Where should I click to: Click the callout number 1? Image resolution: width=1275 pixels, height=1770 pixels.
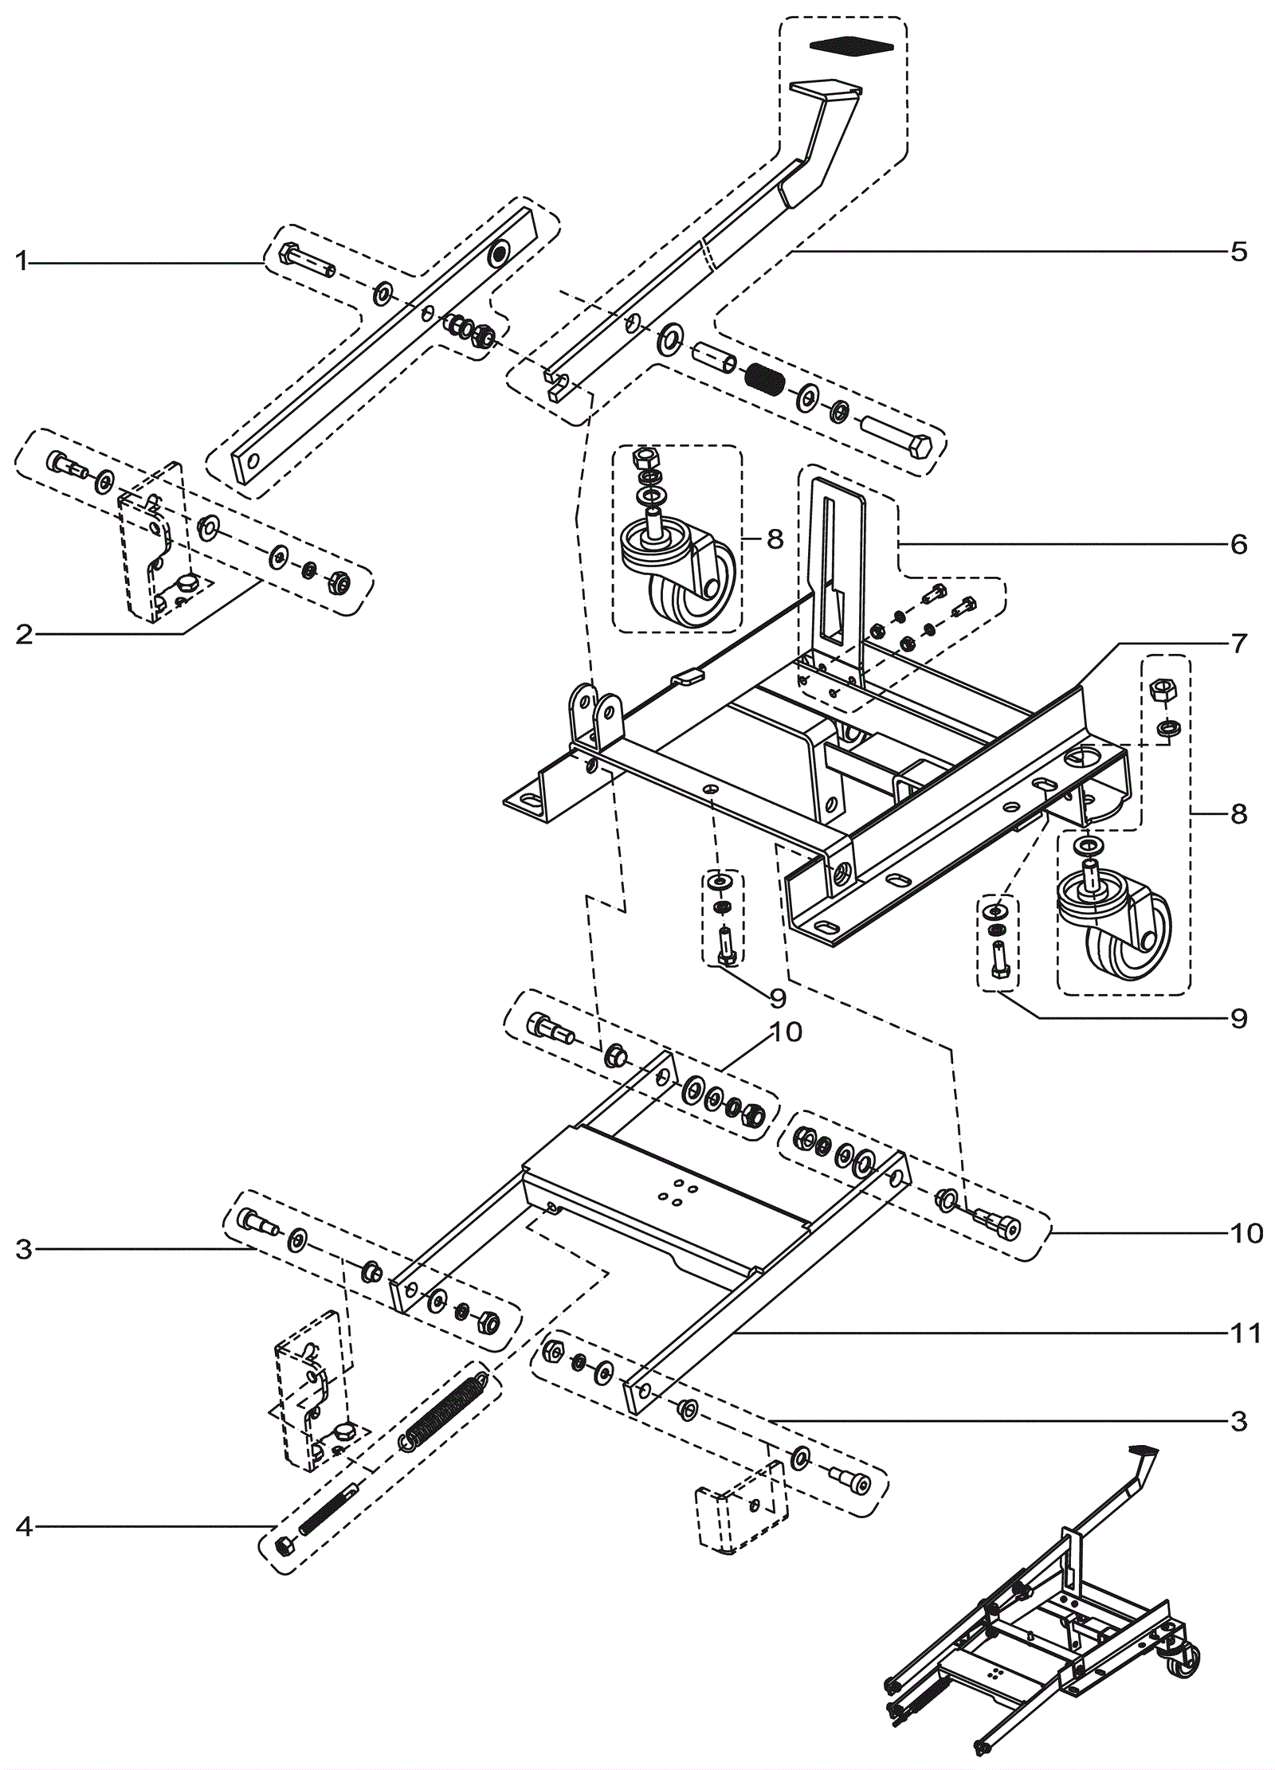click(22, 260)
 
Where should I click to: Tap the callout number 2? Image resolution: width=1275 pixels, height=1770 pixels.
click(24, 634)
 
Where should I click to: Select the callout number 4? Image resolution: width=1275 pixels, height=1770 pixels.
click(24, 1527)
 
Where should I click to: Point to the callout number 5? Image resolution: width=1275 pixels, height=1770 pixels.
click(1238, 252)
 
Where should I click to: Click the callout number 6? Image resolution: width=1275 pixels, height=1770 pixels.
click(1238, 544)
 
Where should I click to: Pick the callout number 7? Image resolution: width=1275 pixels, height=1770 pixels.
click(1238, 643)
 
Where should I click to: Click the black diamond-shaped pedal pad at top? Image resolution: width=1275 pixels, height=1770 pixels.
click(851, 46)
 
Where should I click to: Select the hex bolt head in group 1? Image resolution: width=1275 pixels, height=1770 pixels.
click(289, 255)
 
